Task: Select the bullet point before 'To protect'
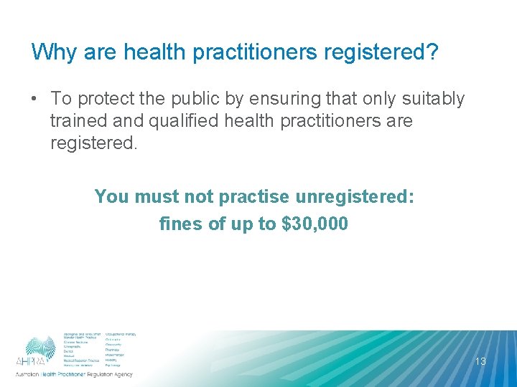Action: [x=35, y=99]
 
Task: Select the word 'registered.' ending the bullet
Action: [x=93, y=143]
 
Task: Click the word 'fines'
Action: [x=180, y=224]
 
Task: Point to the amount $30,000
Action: [x=315, y=224]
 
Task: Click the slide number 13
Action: [x=480, y=361]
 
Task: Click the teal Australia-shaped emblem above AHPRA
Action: [x=41, y=345]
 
